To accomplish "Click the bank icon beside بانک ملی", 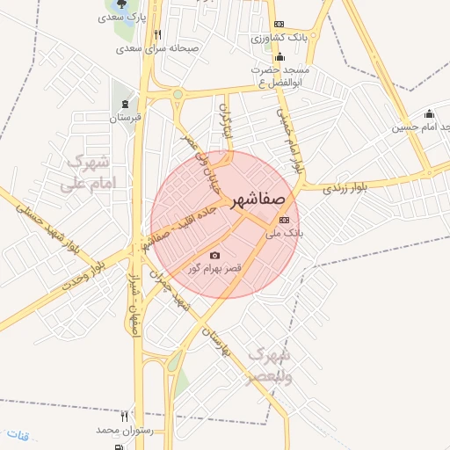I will pyautogui.click(x=283, y=220).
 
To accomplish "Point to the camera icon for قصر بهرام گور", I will pyautogui.click(x=215, y=256).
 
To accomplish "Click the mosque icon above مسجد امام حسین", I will pyautogui.click(x=429, y=113).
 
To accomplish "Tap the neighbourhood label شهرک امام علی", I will pyautogui.click(x=84, y=173).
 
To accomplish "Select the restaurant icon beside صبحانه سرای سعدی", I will pyautogui.click(x=157, y=35).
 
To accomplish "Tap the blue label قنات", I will pyautogui.click(x=18, y=435).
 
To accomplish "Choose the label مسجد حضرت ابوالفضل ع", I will pyautogui.click(x=281, y=76).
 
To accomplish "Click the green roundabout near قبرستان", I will pyautogui.click(x=178, y=94).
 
